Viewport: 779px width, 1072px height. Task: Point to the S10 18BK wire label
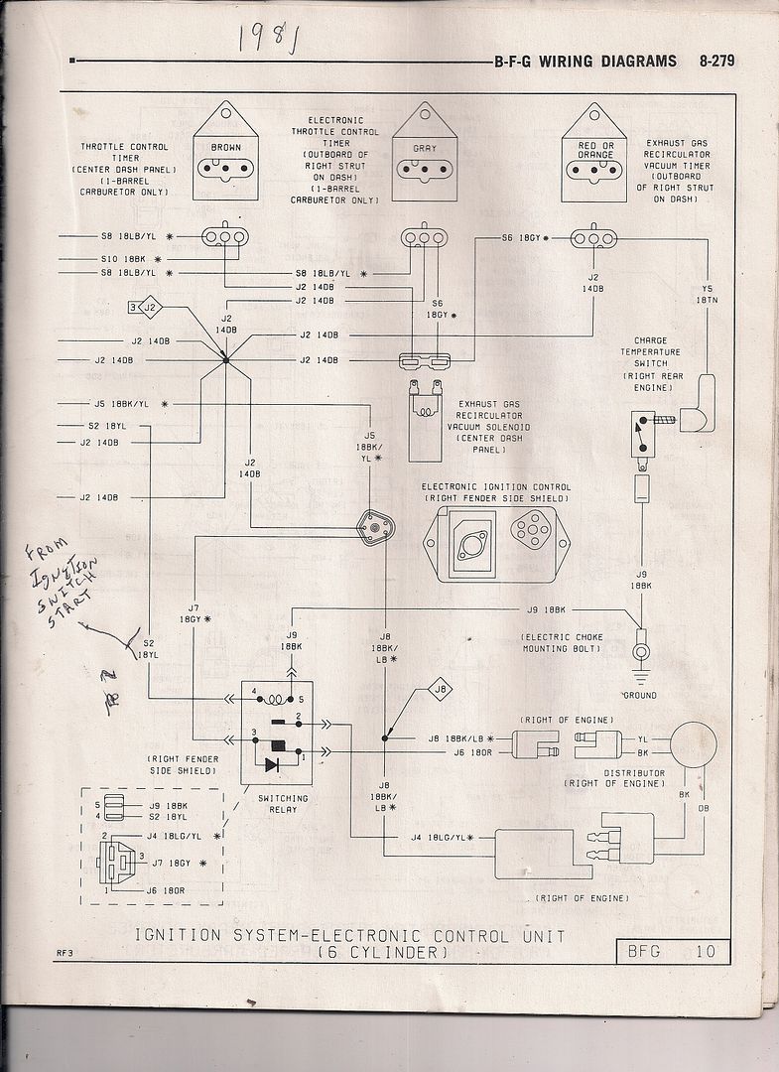[x=123, y=256]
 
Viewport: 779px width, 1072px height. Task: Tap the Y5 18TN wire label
[x=707, y=295]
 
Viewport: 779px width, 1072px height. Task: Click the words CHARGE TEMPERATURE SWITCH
[x=650, y=364]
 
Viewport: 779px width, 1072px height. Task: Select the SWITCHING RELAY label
[x=283, y=804]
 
